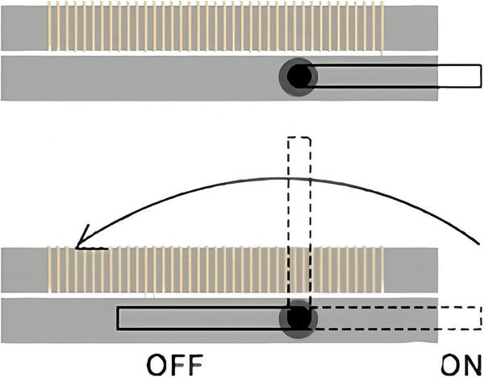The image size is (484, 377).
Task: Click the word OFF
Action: click(175, 365)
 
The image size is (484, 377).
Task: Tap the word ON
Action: click(461, 365)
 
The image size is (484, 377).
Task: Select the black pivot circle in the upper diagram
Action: click(298, 77)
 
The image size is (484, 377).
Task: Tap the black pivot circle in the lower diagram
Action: click(298, 318)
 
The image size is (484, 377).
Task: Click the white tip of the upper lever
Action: click(459, 76)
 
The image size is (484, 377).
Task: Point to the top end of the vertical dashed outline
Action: click(299, 137)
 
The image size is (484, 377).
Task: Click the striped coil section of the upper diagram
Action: click(215, 27)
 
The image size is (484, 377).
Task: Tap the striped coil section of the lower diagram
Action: click(215, 270)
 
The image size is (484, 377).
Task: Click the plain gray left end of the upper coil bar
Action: click(24, 28)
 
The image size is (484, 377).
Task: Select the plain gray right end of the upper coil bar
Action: click(411, 28)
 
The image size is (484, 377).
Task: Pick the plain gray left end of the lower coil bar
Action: click(24, 270)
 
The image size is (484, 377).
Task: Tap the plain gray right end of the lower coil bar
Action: click(411, 270)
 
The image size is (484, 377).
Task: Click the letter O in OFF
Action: click(157, 365)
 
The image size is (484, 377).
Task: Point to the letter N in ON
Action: click(472, 365)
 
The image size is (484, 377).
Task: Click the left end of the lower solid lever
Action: click(117, 318)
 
